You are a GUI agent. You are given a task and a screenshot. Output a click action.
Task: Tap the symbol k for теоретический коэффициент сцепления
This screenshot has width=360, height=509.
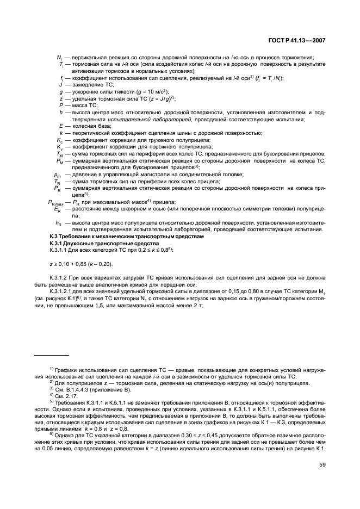(61, 133)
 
